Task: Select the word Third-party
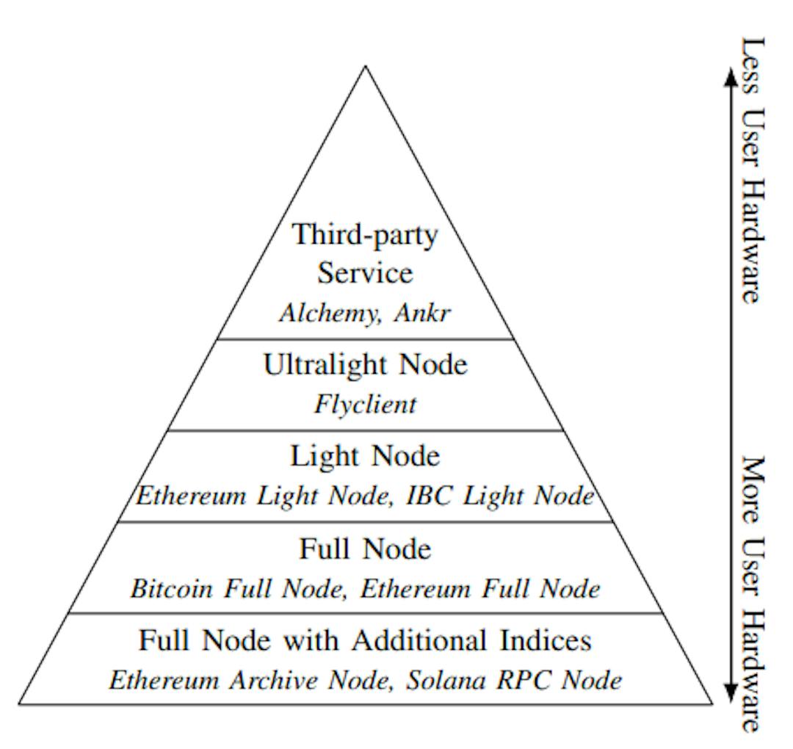pyautogui.click(x=365, y=235)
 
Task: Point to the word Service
pyautogui.click(x=365, y=273)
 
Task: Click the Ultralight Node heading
pyautogui.click(x=365, y=364)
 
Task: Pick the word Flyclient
pyautogui.click(x=365, y=404)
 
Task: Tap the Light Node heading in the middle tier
pyautogui.click(x=365, y=457)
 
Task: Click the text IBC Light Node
pyautogui.click(x=500, y=496)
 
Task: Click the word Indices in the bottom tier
pyautogui.click(x=546, y=641)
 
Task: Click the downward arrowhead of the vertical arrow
pyautogui.click(x=730, y=694)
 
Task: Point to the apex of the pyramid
pyautogui.click(x=365, y=67)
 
